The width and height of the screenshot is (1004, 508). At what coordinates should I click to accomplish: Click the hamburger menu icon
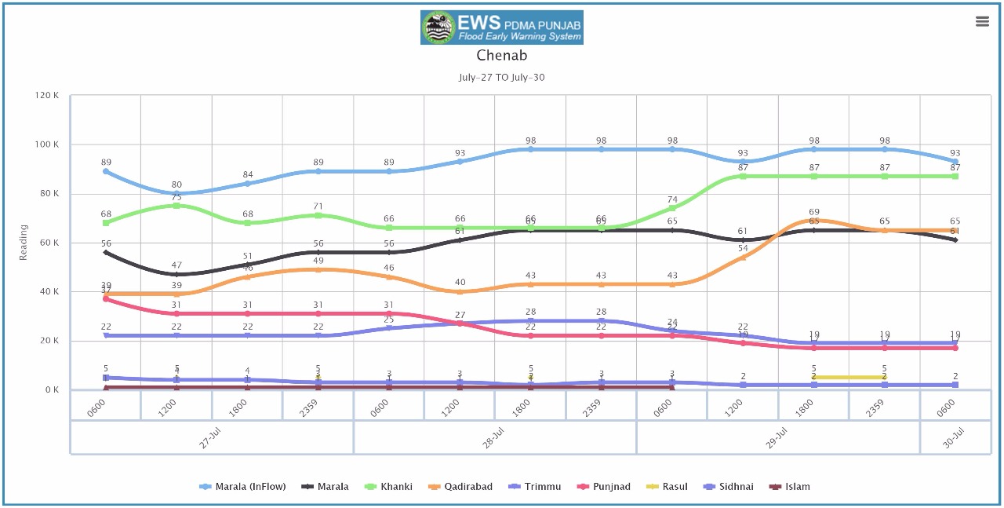coord(982,21)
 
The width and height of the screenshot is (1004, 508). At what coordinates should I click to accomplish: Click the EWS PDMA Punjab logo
coord(502,27)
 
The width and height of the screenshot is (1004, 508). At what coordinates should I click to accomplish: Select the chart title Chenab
coord(502,56)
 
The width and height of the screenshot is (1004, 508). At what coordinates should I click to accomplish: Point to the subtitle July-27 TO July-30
coord(502,78)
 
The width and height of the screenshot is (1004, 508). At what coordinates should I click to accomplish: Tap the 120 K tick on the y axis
coord(47,96)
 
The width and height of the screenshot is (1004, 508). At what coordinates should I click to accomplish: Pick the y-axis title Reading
coord(24,243)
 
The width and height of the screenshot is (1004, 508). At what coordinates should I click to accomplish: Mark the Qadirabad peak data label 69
coord(814,212)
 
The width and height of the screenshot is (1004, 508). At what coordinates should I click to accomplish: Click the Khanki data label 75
coord(177,197)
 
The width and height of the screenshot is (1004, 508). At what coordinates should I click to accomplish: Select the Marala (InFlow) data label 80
coord(177,185)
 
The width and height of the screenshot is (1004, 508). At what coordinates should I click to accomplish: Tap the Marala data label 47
coord(177,265)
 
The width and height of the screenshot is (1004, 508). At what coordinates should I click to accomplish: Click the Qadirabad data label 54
coord(743,249)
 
